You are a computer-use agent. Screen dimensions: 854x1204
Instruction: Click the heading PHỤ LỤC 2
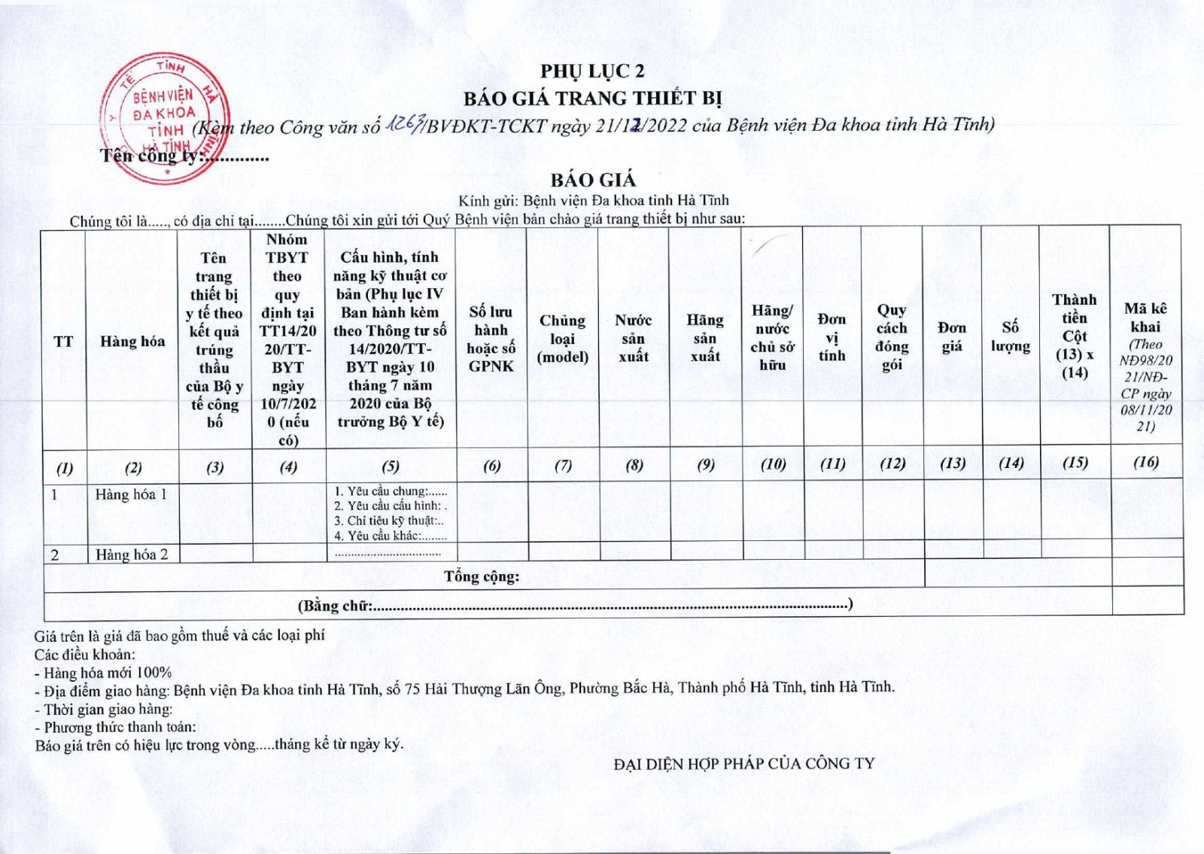point(592,71)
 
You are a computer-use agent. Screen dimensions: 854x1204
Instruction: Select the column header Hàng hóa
point(132,341)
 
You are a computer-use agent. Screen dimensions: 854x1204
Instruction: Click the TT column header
point(64,342)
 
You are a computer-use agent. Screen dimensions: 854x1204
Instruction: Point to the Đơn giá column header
point(952,336)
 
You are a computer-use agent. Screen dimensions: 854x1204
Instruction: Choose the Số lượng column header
point(1010,336)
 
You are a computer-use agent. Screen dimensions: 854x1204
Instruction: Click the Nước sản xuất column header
point(633,338)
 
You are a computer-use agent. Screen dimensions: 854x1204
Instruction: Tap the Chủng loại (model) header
point(562,339)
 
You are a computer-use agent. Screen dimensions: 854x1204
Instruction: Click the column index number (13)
point(952,463)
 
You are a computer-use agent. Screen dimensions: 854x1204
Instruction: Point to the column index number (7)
point(563,465)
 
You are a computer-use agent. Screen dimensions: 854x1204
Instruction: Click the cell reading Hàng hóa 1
point(131,494)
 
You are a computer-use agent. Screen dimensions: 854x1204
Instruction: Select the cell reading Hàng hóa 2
point(132,555)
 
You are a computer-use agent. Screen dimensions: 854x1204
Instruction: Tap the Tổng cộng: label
point(482,576)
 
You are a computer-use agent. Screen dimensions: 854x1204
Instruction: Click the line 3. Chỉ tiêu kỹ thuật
point(389,521)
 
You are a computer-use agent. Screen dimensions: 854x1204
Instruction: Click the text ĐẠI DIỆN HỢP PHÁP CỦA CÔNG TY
point(744,763)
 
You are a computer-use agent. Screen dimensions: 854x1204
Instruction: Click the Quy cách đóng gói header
point(892,337)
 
